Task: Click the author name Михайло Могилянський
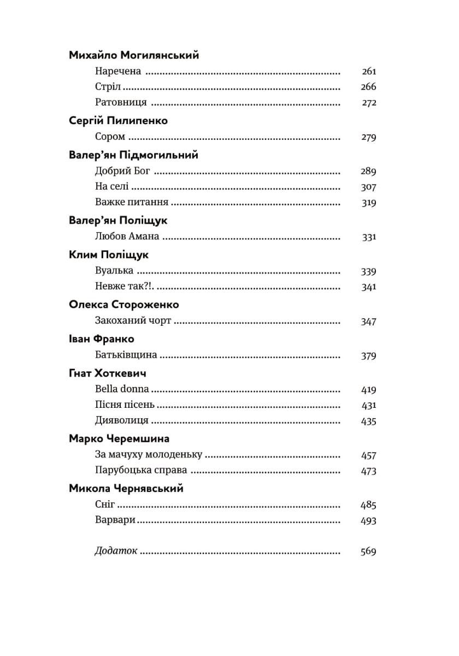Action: tap(134, 55)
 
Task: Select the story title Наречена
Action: tap(118, 71)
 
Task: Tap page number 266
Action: tap(369, 87)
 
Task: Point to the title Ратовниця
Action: tap(121, 103)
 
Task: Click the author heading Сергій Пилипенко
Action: tap(119, 121)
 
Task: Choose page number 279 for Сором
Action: tap(369, 137)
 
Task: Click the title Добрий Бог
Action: tap(122, 171)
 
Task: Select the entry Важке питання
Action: tap(131, 203)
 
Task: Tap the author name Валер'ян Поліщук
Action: tap(119, 221)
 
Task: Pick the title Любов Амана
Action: tap(127, 237)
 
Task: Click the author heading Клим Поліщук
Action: tap(109, 255)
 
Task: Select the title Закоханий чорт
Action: tap(133, 321)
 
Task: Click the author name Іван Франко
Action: tap(102, 339)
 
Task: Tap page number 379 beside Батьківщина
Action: tap(369, 356)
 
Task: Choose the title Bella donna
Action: tap(122, 390)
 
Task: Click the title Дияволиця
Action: tap(114, 421)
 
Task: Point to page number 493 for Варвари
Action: tap(369, 521)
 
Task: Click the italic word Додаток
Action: tap(116, 552)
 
